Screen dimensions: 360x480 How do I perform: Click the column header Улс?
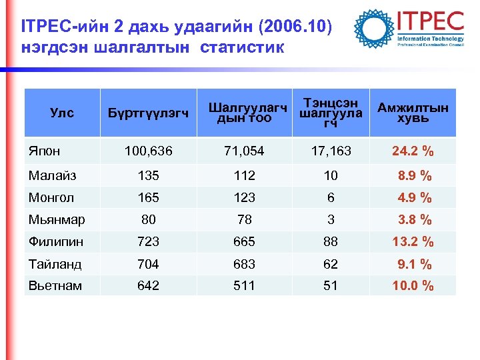pos(62,113)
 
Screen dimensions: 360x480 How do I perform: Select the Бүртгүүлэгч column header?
pos(149,113)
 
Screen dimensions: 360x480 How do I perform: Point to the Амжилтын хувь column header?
pos(413,113)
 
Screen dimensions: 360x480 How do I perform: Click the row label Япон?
pos(45,151)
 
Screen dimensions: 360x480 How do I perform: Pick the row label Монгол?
pos(51,198)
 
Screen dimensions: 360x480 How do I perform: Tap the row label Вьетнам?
pos(55,286)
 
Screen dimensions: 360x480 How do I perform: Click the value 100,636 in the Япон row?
pos(149,151)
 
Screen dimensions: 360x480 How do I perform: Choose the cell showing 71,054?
pos(243,151)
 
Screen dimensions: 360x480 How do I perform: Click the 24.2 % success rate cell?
pos(413,151)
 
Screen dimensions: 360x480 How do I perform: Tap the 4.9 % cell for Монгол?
pos(415,198)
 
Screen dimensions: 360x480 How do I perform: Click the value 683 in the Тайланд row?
pos(243,264)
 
